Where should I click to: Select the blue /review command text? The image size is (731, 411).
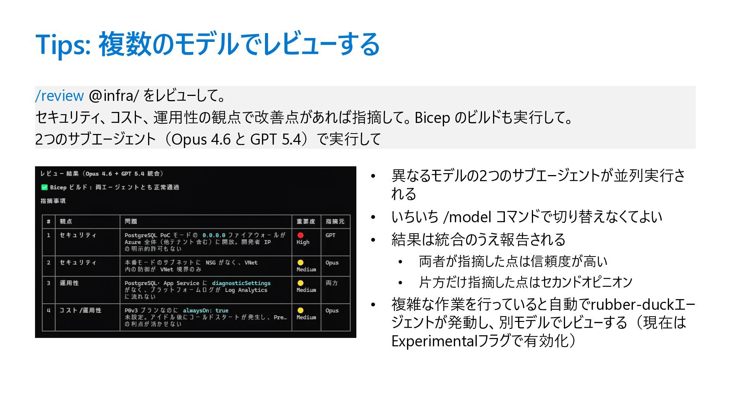pyautogui.click(x=59, y=96)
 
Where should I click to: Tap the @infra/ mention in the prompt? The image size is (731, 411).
pyautogui.click(x=113, y=96)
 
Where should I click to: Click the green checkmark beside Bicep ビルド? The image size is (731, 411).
pyautogui.click(x=44, y=187)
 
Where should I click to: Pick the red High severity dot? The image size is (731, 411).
pyautogui.click(x=300, y=235)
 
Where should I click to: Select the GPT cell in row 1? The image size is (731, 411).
pyautogui.click(x=330, y=235)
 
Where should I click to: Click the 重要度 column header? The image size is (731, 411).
pyautogui.click(x=306, y=221)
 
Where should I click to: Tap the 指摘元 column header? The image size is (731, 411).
pyautogui.click(x=335, y=221)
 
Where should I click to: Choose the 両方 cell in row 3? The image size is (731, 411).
pyautogui.click(x=332, y=283)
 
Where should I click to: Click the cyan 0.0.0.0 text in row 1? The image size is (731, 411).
pyautogui.click(x=214, y=235)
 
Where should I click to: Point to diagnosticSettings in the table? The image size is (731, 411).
pyautogui.click(x=241, y=283)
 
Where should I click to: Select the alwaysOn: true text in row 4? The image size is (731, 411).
pyautogui.click(x=206, y=311)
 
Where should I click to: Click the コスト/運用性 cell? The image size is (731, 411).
pyautogui.click(x=80, y=311)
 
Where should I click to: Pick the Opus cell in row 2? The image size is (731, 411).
pyautogui.click(x=332, y=263)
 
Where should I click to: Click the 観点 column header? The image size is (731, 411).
pyautogui.click(x=66, y=221)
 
